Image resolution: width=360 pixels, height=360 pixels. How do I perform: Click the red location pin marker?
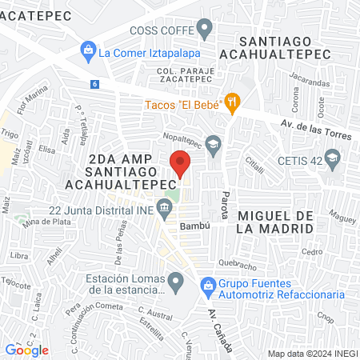tap(180, 163)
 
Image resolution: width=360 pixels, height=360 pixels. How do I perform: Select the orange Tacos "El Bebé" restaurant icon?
tap(233, 102)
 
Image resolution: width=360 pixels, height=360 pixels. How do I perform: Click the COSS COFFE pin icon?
tap(206, 31)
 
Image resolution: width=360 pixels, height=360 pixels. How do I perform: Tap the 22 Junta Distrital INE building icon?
tap(165, 211)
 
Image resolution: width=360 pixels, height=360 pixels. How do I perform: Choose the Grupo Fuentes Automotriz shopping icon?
tap(206, 284)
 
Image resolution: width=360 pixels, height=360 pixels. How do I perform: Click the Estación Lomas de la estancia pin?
tap(177, 281)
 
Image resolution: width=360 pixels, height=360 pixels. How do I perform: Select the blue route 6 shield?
tap(95, 84)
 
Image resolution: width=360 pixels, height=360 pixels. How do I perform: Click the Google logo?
tap(26, 350)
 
